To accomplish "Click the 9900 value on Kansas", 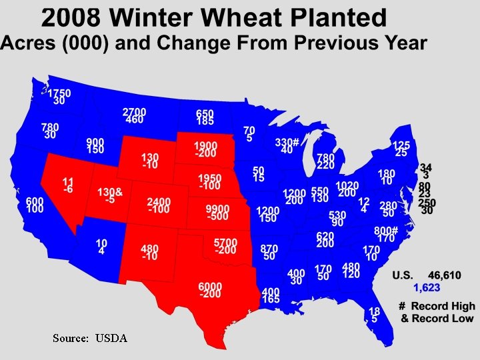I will (x=217, y=209).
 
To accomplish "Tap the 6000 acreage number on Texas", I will (x=210, y=286).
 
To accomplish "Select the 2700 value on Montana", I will (x=134, y=111).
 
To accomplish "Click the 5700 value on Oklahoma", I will (x=226, y=242).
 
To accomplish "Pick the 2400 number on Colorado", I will (x=159, y=201).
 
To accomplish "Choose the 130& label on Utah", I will (x=109, y=191).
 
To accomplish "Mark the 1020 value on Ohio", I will (x=347, y=185).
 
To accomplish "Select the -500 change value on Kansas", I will (x=217, y=218).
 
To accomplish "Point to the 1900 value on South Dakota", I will (x=205, y=145).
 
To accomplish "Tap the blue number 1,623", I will (x=427, y=287).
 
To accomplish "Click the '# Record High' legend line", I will (x=437, y=307).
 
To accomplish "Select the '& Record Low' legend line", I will (x=438, y=319).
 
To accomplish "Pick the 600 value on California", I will (x=35, y=201).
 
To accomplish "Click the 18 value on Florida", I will (x=374, y=311).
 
